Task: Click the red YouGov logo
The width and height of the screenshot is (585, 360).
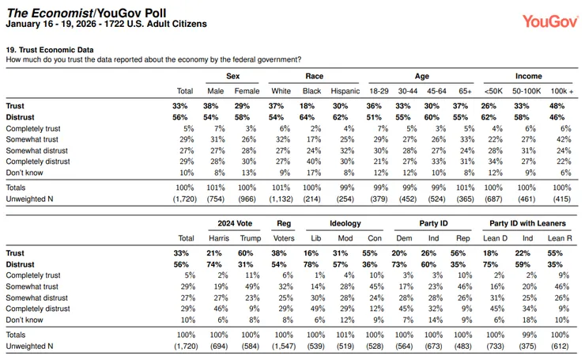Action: [550, 21]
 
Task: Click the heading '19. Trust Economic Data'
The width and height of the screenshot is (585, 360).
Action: [50, 50]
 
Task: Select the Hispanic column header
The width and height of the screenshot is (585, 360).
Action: [345, 91]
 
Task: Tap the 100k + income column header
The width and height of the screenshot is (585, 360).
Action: [562, 91]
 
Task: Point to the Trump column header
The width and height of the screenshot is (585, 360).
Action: [251, 238]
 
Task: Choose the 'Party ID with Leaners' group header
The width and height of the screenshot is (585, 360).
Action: [527, 223]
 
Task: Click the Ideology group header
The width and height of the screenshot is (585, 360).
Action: [345, 223]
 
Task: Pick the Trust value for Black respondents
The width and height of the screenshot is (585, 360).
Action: [307, 106]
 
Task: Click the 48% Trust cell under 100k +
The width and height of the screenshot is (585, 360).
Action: [557, 106]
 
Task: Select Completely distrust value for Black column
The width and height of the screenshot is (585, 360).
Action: [314, 161]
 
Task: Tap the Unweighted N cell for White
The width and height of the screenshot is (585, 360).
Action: [281, 199]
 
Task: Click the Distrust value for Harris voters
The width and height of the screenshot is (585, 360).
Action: [214, 264]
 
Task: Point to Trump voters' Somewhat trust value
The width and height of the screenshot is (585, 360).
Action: [252, 286]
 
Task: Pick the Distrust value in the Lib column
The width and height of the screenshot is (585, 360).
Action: [311, 264]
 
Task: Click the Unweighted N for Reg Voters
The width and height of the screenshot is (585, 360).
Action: [284, 347]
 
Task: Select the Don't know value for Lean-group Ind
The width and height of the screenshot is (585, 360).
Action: [530, 320]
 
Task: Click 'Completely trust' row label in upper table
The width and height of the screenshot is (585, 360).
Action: [33, 128]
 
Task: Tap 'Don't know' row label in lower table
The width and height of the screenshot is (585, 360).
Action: [25, 320]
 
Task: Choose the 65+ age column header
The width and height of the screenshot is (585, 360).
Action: [466, 91]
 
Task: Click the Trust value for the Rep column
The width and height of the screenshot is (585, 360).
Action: [458, 253]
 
